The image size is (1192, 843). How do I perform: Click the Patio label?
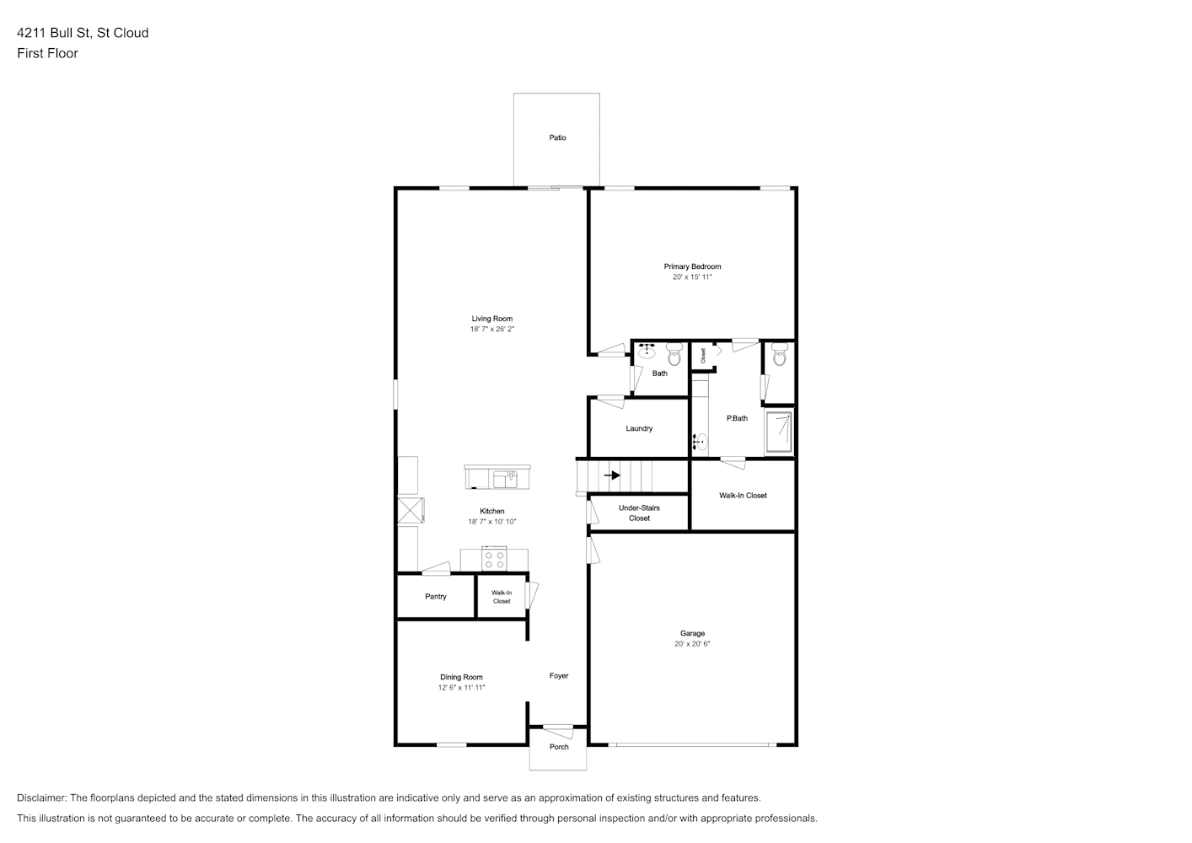pyautogui.click(x=557, y=138)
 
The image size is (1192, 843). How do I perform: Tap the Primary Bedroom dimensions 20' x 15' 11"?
pyautogui.click(x=692, y=277)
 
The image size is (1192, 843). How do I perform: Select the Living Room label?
pyautogui.click(x=491, y=319)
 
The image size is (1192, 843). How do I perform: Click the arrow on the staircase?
pyautogui.click(x=612, y=475)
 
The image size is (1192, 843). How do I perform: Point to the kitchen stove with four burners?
pyautogui.click(x=494, y=560)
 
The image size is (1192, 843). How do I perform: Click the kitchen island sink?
pyautogui.click(x=505, y=480)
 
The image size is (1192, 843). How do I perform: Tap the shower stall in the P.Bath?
pyautogui.click(x=779, y=432)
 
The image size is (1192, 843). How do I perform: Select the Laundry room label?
pyautogui.click(x=639, y=428)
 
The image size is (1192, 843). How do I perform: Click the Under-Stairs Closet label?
pyautogui.click(x=639, y=513)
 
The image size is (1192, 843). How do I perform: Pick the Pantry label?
pyautogui.click(x=435, y=597)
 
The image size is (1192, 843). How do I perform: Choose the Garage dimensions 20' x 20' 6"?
pyautogui.click(x=692, y=644)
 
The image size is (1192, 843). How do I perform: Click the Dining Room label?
pyautogui.click(x=461, y=678)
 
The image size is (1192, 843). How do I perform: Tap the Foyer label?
pyautogui.click(x=559, y=676)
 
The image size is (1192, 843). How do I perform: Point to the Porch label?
pyautogui.click(x=559, y=747)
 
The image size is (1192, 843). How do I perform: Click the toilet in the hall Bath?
pyautogui.click(x=674, y=354)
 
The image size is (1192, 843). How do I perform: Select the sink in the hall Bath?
pyautogui.click(x=647, y=351)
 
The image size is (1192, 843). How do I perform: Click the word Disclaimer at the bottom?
pyautogui.click(x=42, y=798)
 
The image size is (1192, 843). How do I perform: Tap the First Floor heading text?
pyautogui.click(x=47, y=53)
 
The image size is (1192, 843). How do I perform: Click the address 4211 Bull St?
pyautogui.click(x=53, y=33)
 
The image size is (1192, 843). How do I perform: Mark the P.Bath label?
pyautogui.click(x=737, y=419)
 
